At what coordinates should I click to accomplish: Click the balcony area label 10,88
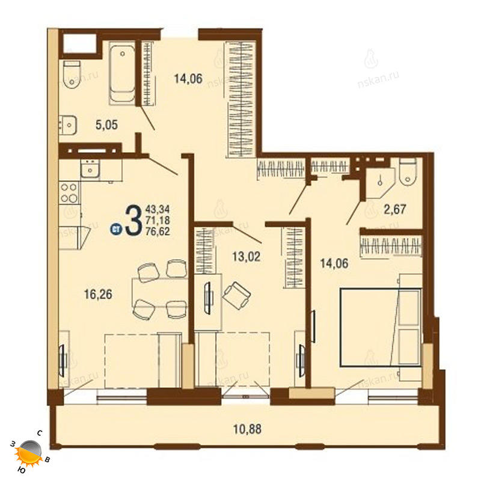point(247,429)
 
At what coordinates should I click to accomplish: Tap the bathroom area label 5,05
point(106,125)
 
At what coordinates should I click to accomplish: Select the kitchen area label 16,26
point(98,294)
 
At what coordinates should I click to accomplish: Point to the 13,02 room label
point(246,256)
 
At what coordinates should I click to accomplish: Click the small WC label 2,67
point(395,209)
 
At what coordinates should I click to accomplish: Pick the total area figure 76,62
point(158,231)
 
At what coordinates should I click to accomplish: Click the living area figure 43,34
point(158,209)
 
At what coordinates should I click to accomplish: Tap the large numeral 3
point(133,219)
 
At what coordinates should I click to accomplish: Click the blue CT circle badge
point(116,228)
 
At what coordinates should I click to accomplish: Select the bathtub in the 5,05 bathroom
point(122,73)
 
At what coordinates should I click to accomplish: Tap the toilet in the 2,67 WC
point(408,171)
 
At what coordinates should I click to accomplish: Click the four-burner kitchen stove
point(69,192)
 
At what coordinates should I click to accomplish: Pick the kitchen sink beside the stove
point(90,168)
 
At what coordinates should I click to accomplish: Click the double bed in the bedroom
point(381,327)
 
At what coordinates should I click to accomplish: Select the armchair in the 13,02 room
point(236,295)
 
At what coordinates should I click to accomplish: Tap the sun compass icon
point(29,452)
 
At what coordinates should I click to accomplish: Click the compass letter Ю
point(22,470)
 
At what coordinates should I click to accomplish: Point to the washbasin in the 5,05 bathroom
point(68,125)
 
